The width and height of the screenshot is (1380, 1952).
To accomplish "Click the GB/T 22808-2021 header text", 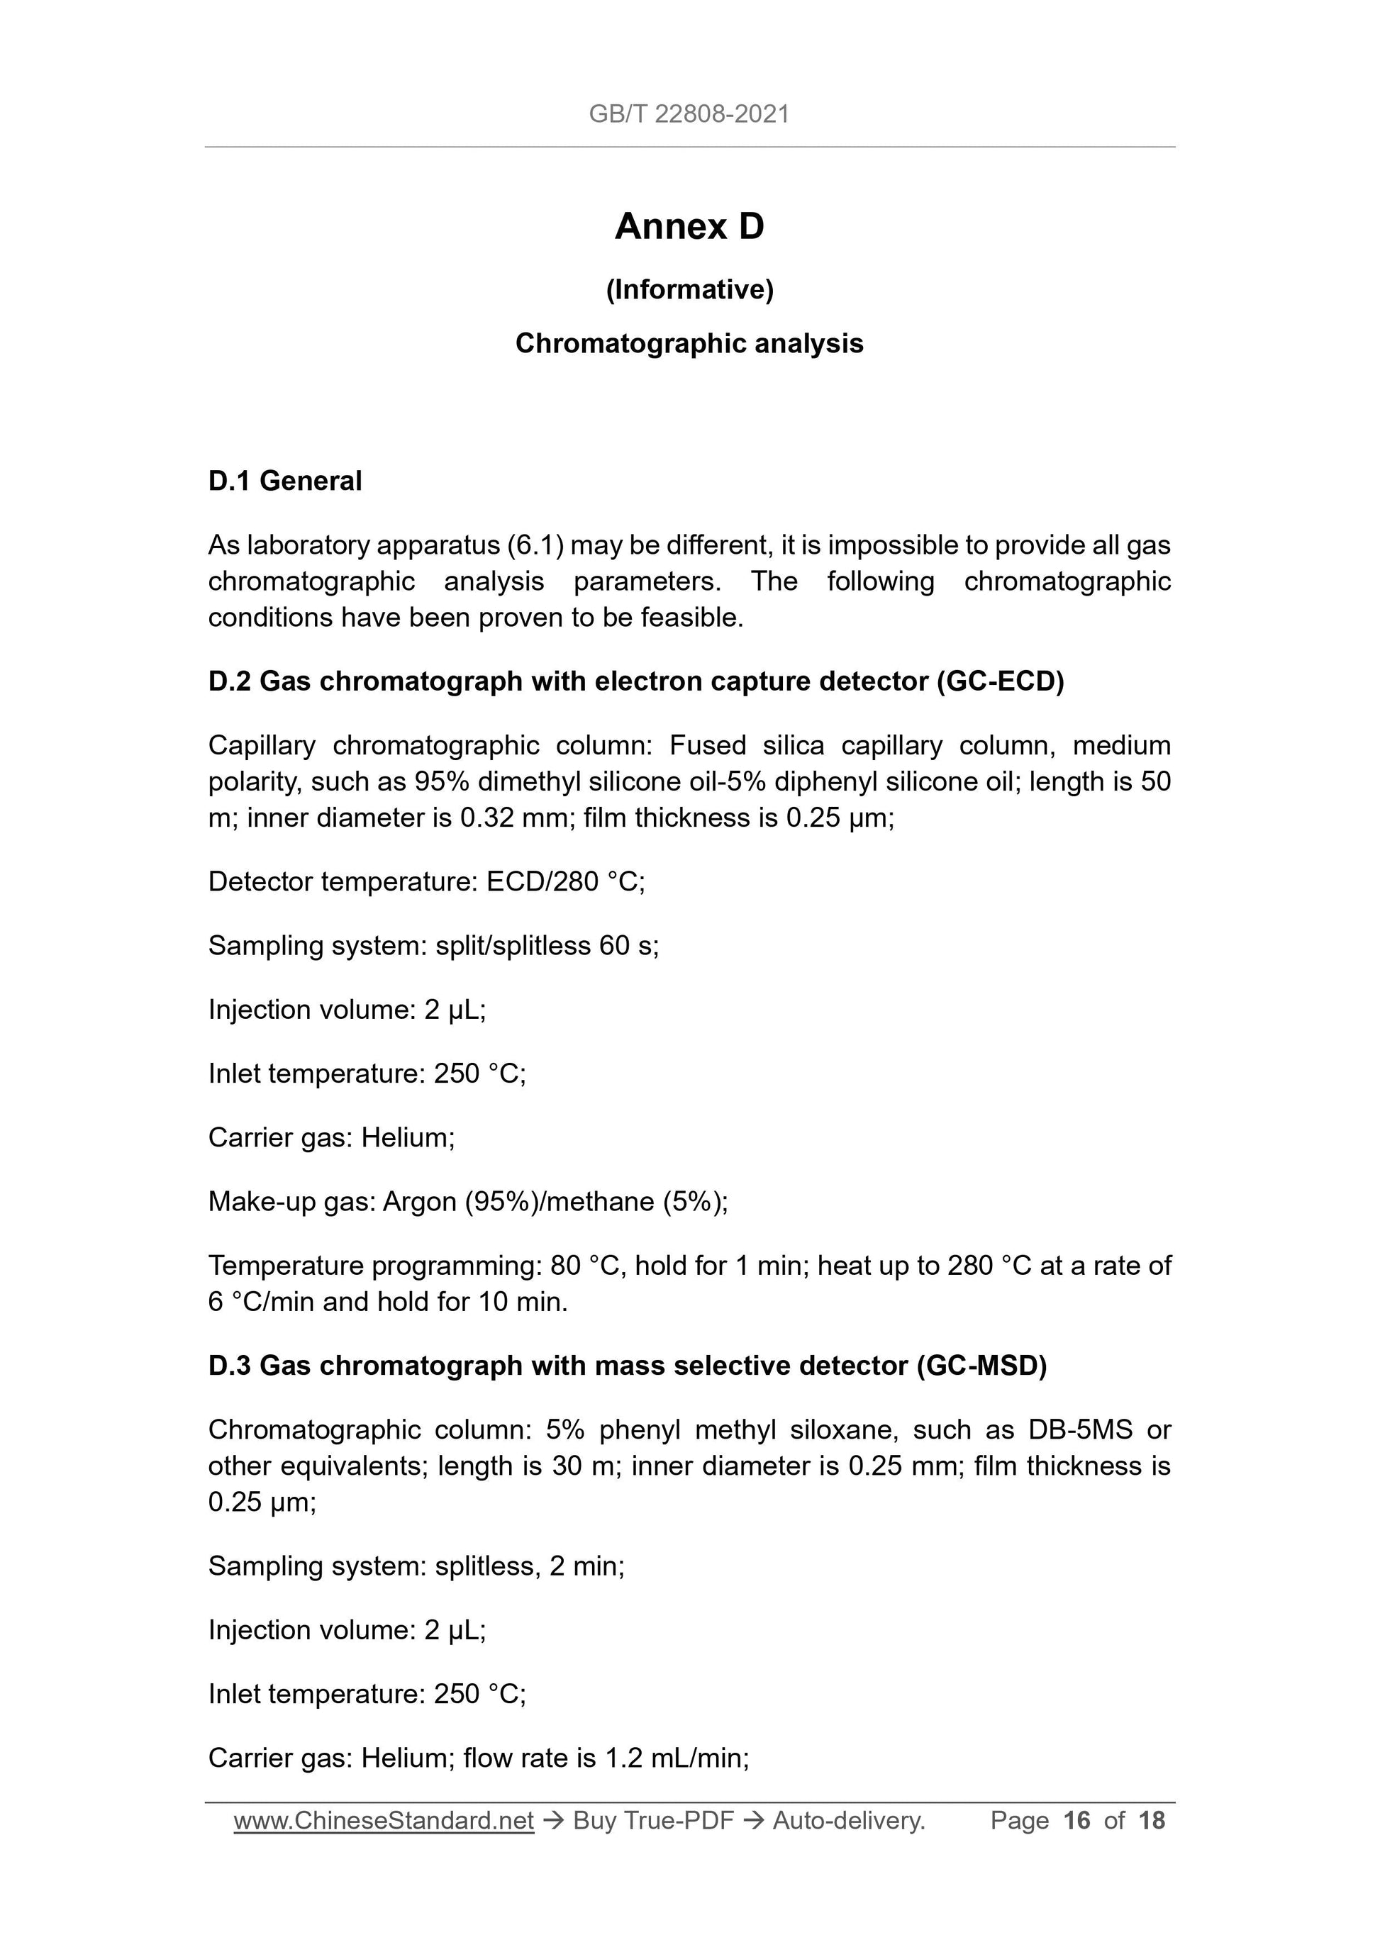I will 689,114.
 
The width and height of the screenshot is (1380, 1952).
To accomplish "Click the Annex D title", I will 689,226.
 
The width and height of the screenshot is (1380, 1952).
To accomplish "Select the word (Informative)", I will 689,290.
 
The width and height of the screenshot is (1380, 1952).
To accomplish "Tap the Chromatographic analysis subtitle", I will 689,343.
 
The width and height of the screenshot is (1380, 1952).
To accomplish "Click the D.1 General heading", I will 285,481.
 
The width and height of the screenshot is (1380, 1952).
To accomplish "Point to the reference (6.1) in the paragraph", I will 535,545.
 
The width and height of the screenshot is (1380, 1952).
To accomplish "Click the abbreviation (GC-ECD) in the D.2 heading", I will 1000,682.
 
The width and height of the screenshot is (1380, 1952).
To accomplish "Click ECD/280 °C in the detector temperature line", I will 564,881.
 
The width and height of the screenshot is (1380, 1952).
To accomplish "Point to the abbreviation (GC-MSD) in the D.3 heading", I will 981,1366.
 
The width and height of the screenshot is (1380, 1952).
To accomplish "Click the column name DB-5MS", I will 1080,1430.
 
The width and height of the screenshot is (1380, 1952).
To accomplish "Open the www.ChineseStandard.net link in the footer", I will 384,1820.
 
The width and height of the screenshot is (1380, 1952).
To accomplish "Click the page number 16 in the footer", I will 1076,1820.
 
